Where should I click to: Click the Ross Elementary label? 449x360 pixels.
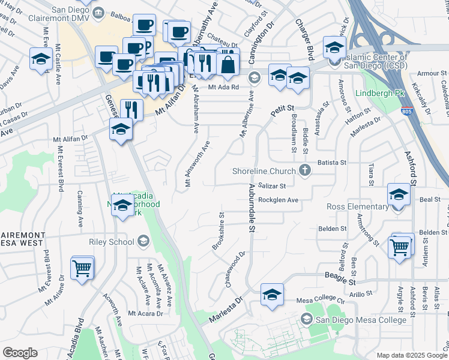pos(357,207)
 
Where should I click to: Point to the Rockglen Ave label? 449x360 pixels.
pos(278,200)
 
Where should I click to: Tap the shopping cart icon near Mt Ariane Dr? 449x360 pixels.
pos(82,268)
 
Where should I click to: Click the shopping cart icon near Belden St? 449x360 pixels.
pos(400,246)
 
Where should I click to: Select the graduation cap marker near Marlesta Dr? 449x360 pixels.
pos(272,295)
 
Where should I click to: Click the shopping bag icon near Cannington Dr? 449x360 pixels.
pos(228,64)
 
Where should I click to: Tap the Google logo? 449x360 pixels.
pos(20,353)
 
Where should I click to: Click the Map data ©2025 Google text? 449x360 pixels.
pos(411,355)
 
